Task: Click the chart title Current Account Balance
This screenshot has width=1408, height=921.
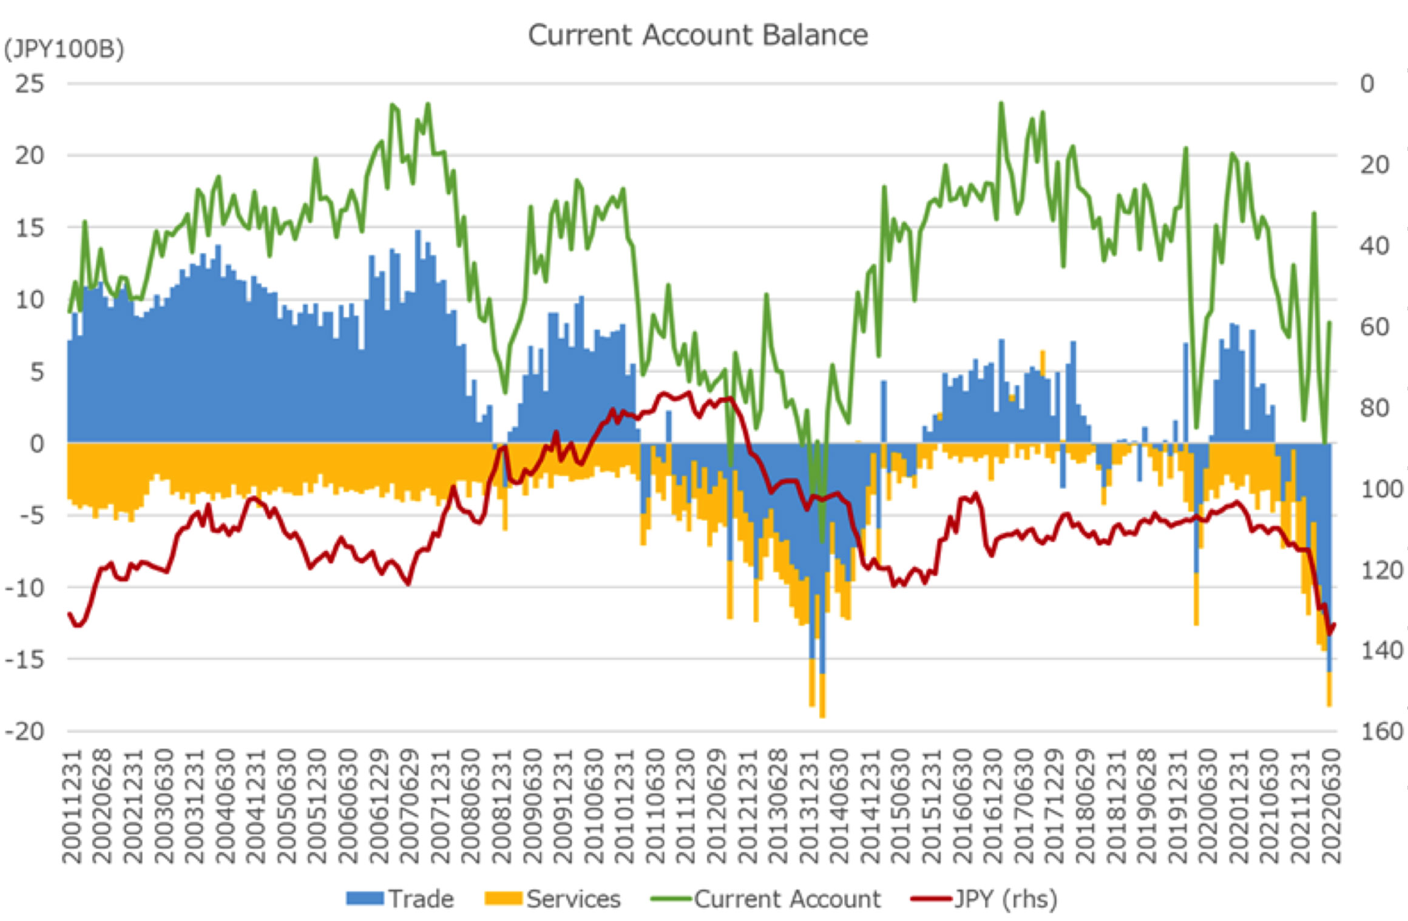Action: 697,35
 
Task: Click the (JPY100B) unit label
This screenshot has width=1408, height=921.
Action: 64,49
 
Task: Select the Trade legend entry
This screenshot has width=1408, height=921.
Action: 401,899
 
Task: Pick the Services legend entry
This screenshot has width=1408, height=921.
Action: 553,899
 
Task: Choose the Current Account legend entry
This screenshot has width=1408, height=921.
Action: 766,899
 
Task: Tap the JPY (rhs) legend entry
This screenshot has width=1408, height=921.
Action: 984,899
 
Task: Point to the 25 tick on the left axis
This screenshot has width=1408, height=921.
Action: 30,84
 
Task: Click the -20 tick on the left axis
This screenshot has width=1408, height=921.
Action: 25,731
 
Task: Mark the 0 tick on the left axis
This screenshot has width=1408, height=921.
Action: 38,444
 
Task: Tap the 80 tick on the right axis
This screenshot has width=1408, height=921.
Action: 1375,407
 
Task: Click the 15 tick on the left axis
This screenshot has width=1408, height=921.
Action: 30,228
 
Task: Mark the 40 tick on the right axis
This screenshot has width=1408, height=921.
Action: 1375,246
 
